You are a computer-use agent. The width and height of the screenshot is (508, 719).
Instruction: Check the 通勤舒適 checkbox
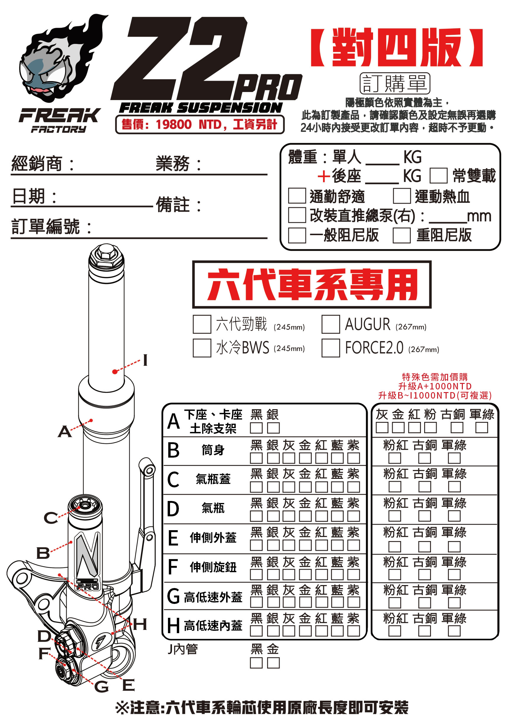point(296,196)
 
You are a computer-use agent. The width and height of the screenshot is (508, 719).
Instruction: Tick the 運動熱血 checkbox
point(401,196)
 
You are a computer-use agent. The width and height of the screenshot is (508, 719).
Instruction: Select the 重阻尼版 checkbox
point(401,235)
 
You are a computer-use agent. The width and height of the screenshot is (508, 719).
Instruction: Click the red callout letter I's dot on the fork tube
point(115,371)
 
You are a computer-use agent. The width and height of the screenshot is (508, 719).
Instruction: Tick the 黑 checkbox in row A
point(256,428)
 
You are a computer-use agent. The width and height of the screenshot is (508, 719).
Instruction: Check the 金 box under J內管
point(273,663)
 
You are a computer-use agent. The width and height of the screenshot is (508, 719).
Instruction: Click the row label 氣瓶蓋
point(213,479)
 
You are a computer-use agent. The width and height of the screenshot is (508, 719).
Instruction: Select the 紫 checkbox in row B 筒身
point(353,458)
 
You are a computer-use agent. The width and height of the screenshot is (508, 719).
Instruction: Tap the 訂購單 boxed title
point(394,83)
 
